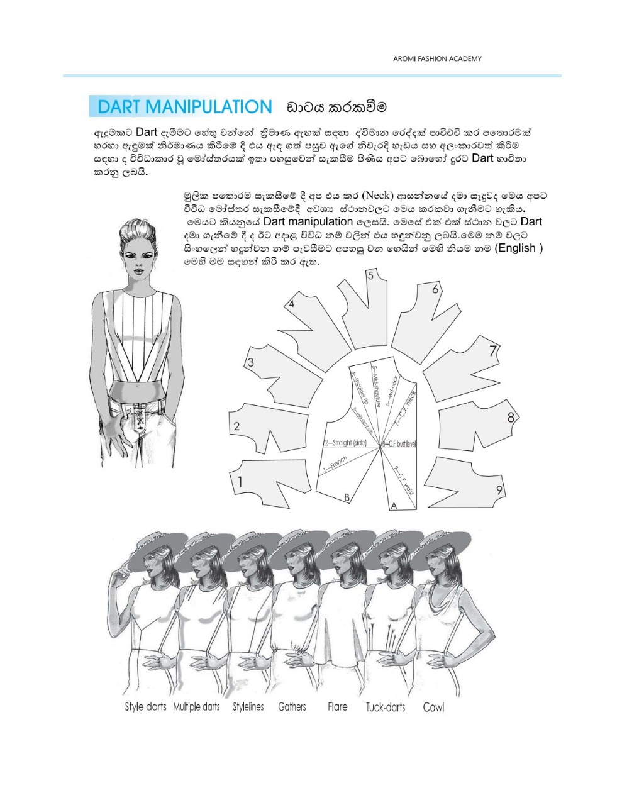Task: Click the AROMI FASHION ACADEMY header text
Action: [437, 58]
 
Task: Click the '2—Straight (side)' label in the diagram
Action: [346, 443]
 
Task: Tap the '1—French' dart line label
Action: [335, 465]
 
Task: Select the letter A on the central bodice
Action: [394, 505]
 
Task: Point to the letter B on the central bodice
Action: [347, 497]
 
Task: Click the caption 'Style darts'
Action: [145, 707]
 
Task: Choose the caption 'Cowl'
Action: [433, 707]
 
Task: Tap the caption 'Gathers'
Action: [292, 707]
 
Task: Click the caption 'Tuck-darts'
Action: [386, 708]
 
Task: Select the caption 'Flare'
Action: [337, 707]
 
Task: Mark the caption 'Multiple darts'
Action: [196, 707]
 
